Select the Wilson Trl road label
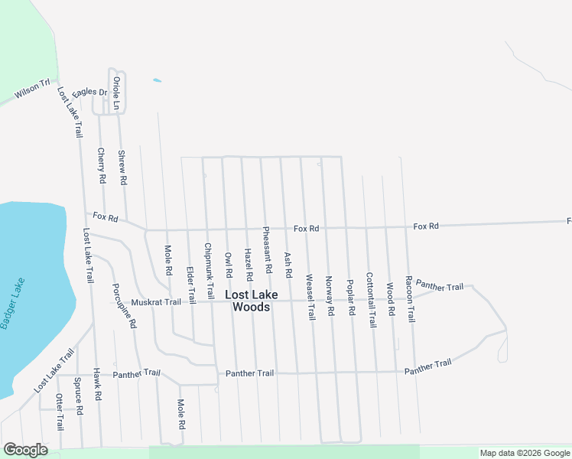[x=31, y=90]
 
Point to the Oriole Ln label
[x=116, y=93]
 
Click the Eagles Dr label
[x=89, y=93]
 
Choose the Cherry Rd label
[x=102, y=165]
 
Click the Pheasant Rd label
[x=268, y=250]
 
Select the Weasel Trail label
[x=310, y=297]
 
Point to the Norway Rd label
[x=330, y=296]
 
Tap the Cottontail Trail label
[x=371, y=301]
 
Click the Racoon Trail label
[x=410, y=299]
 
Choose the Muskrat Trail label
[x=156, y=302]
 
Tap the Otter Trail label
[x=59, y=412]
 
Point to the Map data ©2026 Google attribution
[x=525, y=454]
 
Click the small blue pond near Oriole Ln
[x=158, y=80]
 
